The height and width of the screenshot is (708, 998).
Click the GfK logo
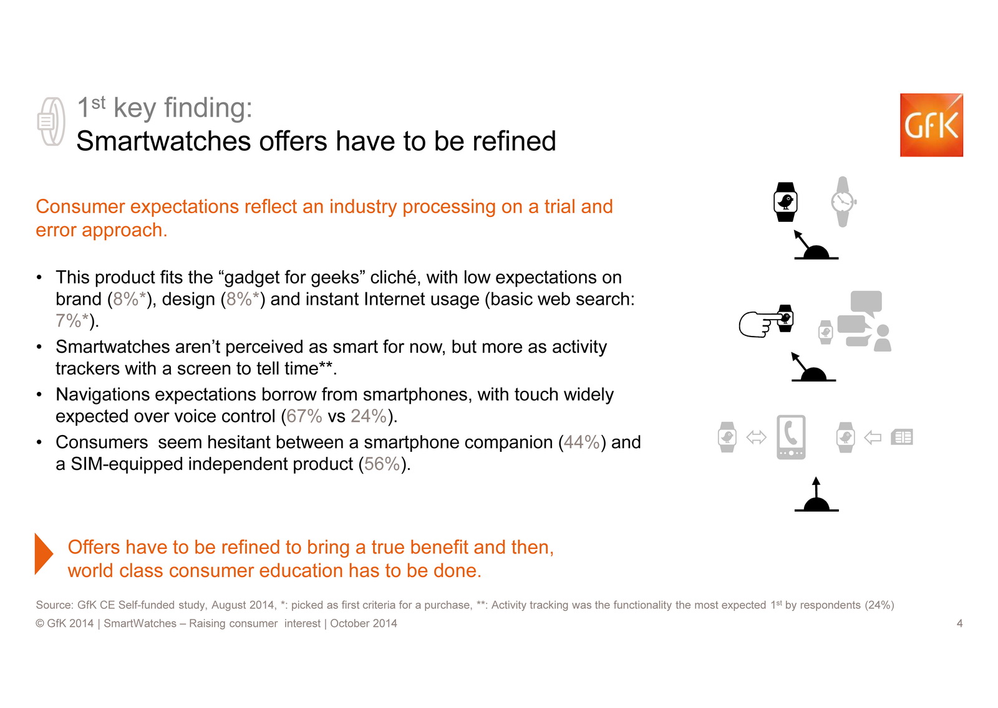[x=931, y=125]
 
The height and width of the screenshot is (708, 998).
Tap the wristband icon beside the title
[x=51, y=122]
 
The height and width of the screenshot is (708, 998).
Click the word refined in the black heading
[x=514, y=141]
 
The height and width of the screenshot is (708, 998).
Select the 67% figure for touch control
[x=304, y=416]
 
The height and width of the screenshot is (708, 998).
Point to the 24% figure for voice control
[x=369, y=416]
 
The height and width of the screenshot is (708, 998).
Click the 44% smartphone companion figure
[x=581, y=442]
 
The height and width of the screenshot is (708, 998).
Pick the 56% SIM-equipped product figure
[x=382, y=464]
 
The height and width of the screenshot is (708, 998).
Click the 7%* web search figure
[x=72, y=320]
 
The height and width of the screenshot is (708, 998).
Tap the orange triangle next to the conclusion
[x=44, y=553]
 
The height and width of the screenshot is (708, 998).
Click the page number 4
[x=959, y=623]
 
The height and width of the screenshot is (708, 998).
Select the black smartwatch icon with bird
[x=785, y=202]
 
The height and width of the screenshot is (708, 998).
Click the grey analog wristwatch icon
[x=843, y=202]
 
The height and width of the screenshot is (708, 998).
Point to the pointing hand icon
[x=759, y=323]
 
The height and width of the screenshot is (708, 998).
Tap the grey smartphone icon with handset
[x=791, y=437]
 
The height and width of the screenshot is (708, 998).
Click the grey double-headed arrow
[x=756, y=438]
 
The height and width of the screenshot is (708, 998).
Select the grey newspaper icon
[x=902, y=438]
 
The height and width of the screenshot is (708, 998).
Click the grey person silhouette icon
[x=883, y=338]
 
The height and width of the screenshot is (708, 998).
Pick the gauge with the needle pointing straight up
[x=816, y=495]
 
